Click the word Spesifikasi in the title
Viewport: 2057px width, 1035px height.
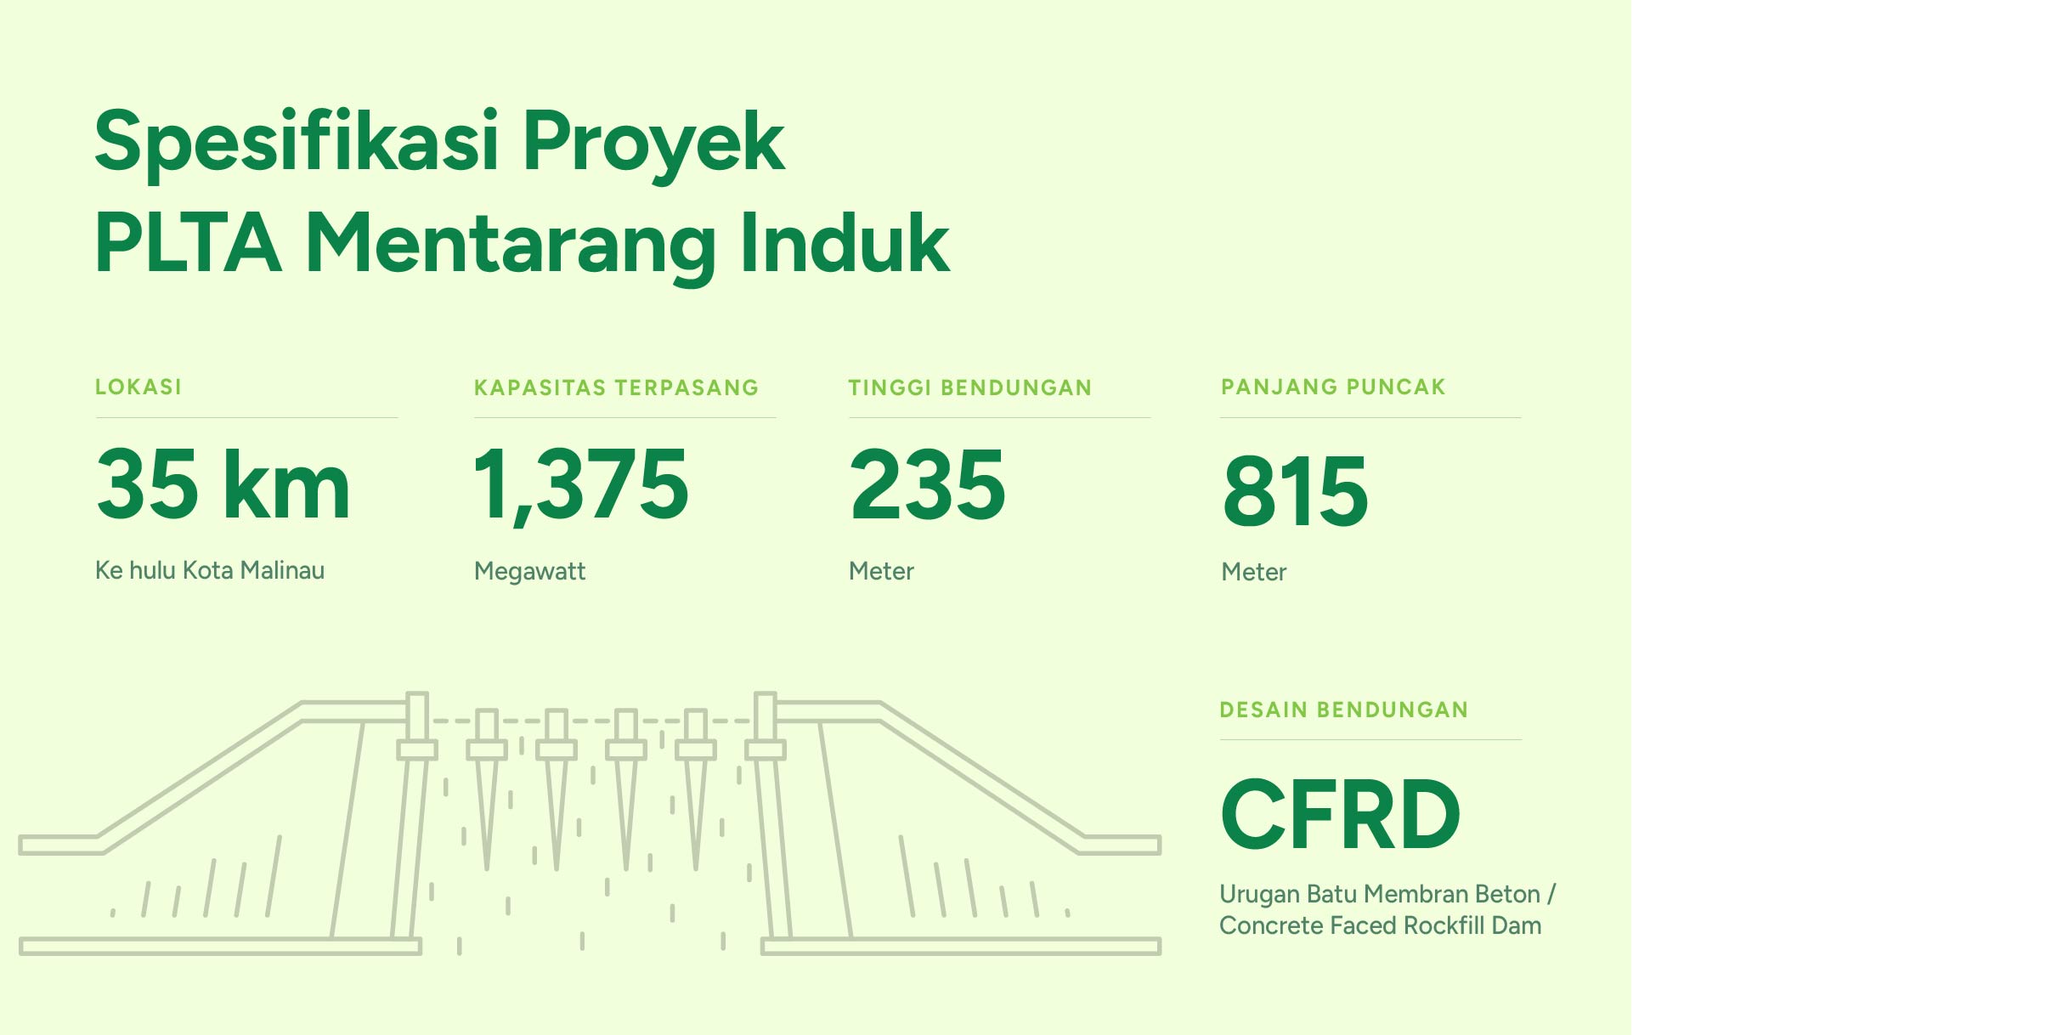(297, 142)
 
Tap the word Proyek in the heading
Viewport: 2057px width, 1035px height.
(653, 142)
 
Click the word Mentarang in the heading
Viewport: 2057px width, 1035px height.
(511, 247)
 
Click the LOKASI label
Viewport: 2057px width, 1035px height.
(138, 387)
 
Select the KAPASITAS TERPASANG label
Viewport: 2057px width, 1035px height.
(616, 388)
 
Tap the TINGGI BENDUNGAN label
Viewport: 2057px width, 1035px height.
(969, 388)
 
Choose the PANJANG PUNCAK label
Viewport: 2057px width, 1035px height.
(1333, 387)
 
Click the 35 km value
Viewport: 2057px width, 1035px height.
(223, 484)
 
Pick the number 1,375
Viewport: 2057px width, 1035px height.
(581, 486)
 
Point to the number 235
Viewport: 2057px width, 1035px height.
(928, 484)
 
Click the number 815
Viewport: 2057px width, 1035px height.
(1296, 490)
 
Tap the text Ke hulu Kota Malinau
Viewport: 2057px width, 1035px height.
(210, 570)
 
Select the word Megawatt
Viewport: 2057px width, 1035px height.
(530, 572)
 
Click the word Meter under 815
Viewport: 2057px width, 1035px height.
(1254, 572)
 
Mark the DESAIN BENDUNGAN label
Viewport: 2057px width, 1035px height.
(1344, 710)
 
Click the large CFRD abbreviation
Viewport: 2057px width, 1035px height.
(1341, 814)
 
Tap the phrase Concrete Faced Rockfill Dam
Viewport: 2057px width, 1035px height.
(1381, 925)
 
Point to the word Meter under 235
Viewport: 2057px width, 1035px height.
(881, 571)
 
